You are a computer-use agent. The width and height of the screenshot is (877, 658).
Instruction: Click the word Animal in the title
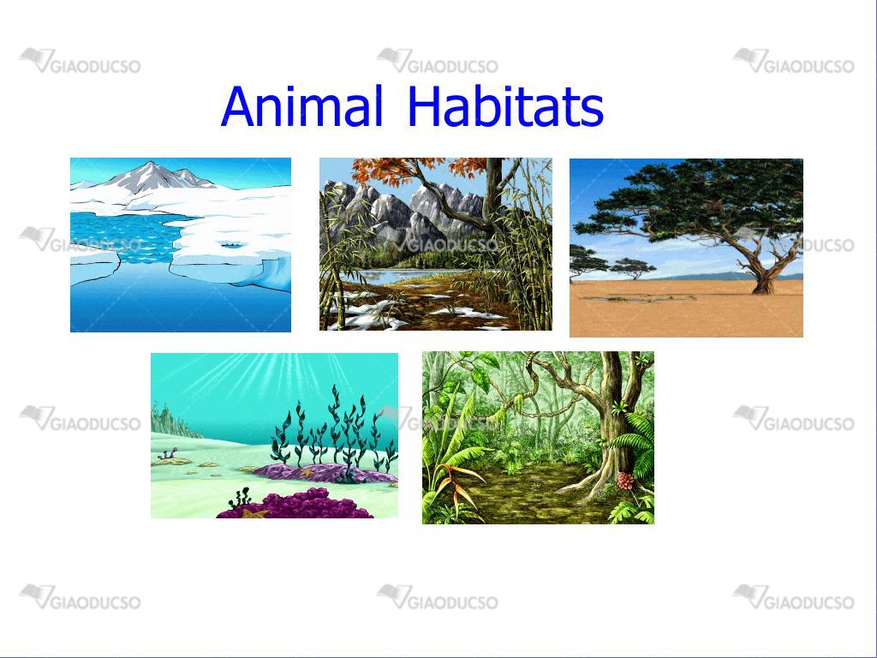point(302,105)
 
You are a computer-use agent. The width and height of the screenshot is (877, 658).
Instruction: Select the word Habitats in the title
point(505,105)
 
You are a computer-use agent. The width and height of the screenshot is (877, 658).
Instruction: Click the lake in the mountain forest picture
point(403,275)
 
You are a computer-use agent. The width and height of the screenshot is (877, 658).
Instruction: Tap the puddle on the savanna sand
point(637,299)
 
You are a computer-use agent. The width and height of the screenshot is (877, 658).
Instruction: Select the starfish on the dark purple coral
point(254,512)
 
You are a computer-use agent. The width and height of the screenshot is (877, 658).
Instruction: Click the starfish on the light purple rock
point(307,472)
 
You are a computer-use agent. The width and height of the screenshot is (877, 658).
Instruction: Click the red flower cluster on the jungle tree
point(625,480)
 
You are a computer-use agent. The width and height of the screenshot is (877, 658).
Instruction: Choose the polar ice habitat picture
point(181,245)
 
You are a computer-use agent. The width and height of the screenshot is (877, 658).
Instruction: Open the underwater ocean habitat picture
point(275,435)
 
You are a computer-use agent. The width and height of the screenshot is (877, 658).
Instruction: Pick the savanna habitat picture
point(686,248)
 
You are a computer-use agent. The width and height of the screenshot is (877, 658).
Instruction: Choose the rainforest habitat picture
point(538,438)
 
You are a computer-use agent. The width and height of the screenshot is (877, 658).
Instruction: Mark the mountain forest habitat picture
point(436,244)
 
